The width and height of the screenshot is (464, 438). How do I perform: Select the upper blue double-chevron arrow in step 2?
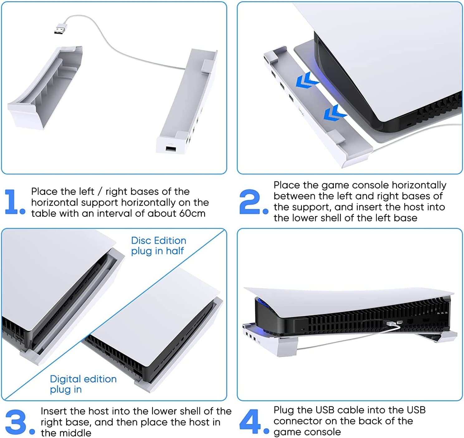(x=307, y=80)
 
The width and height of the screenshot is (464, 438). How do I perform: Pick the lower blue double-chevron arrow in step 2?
(x=335, y=113)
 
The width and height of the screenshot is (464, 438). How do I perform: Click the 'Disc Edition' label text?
(x=158, y=240)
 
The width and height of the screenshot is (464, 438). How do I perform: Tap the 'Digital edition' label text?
(x=83, y=379)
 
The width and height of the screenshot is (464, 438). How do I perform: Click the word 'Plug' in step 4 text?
(x=284, y=410)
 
